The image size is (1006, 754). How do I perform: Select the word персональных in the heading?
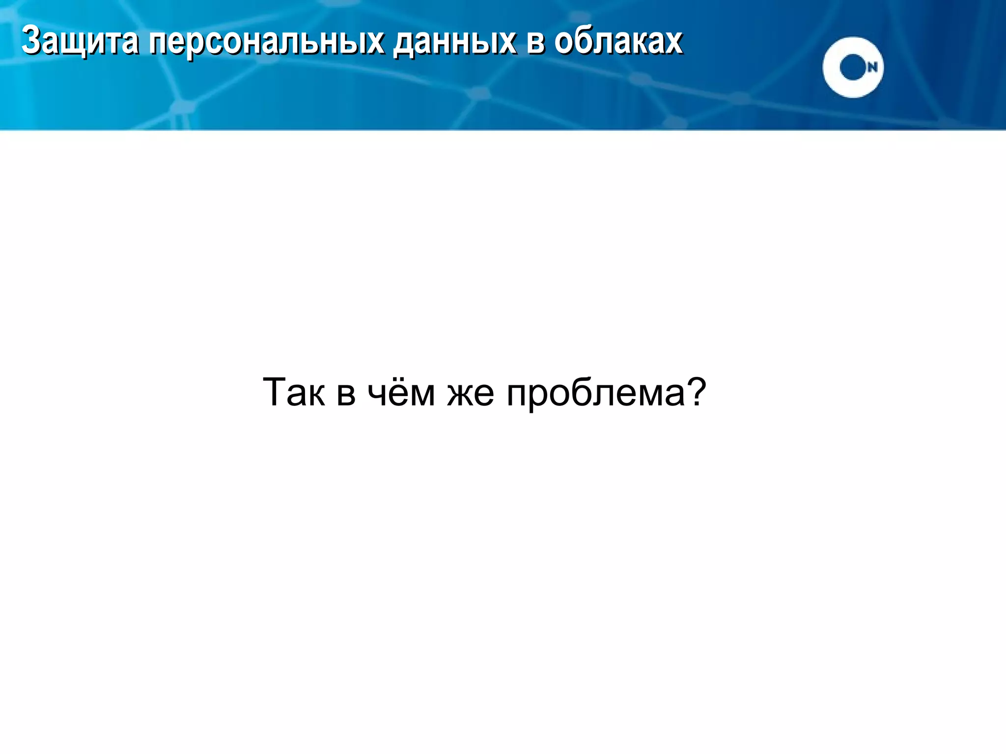coord(266,42)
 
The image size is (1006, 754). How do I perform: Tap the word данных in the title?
coord(454,42)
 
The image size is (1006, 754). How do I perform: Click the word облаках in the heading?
coord(618,41)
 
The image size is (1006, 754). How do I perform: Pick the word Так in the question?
coord(294,393)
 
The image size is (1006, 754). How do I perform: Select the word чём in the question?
coord(401,393)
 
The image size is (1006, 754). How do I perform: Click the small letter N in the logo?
coord(872,68)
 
